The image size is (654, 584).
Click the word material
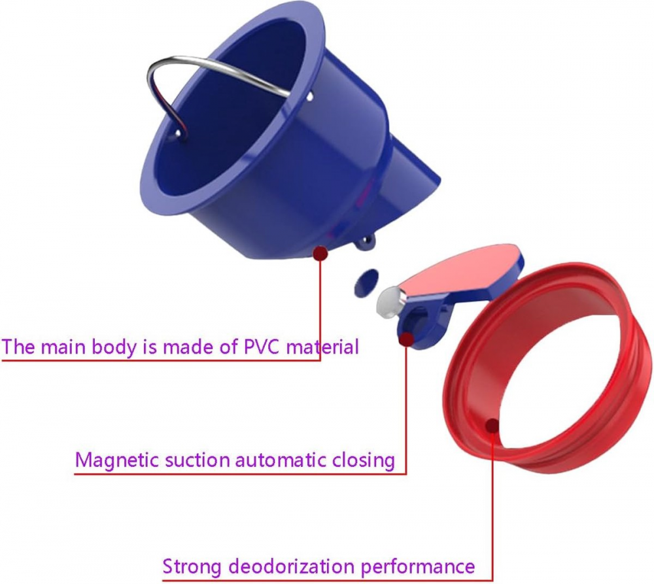322,347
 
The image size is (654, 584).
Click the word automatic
281,460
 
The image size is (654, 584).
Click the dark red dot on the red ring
492,426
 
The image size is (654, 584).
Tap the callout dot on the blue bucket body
320,253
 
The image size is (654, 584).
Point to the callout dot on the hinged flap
406,339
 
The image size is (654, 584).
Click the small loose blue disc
366,283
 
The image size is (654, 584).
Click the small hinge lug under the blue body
366,243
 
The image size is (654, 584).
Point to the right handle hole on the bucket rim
309,97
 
